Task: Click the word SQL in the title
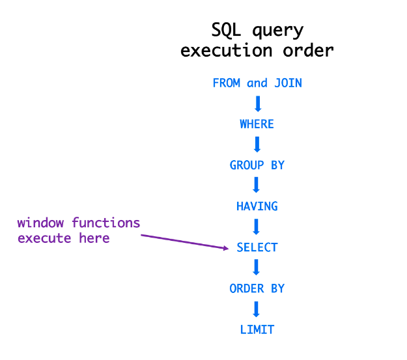(x=226, y=30)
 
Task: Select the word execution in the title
(x=227, y=50)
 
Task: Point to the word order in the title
(x=309, y=50)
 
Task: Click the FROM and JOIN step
(x=257, y=83)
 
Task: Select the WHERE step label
(x=257, y=124)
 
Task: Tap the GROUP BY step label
(x=257, y=165)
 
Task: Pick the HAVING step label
(x=257, y=206)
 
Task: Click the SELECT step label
(x=257, y=247)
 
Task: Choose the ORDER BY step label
(x=257, y=288)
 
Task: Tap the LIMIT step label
(x=257, y=329)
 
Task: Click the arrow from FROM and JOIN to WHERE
(x=258, y=104)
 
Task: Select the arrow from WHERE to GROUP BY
(x=257, y=145)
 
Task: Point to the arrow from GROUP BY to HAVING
(x=257, y=185)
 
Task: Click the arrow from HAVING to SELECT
(x=257, y=227)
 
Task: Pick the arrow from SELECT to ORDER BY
(x=257, y=267)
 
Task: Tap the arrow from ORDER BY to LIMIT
(x=257, y=309)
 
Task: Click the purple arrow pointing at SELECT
(x=185, y=242)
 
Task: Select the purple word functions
(x=106, y=223)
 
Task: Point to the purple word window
(x=40, y=223)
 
